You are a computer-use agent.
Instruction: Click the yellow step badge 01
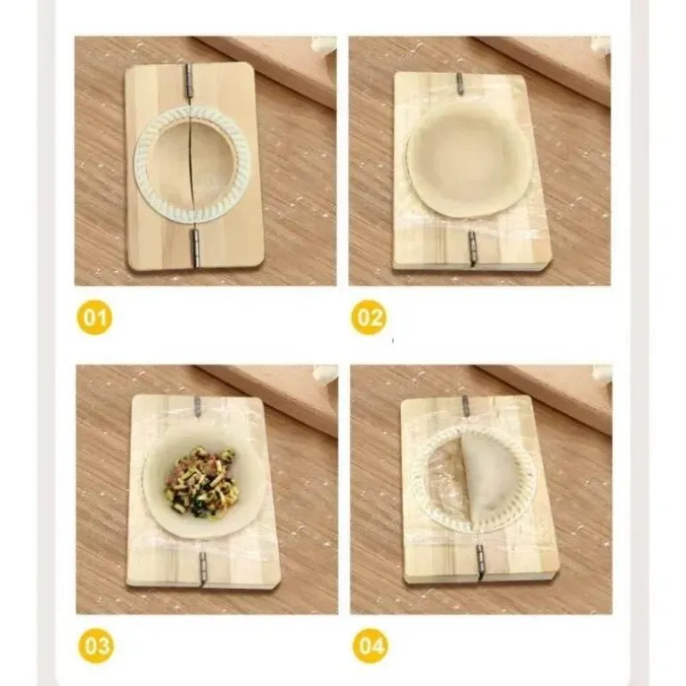pyautogui.click(x=94, y=317)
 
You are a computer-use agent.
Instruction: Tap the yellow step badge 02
pyautogui.click(x=369, y=317)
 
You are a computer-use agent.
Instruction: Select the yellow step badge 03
pyautogui.click(x=96, y=646)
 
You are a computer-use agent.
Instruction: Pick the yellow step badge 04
pyautogui.click(x=371, y=646)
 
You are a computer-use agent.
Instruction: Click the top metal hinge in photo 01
pyautogui.click(x=189, y=81)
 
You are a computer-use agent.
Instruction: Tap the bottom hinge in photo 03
pyautogui.click(x=203, y=567)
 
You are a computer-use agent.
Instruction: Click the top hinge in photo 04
pyautogui.click(x=466, y=406)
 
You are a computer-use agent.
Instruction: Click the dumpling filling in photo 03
pyautogui.click(x=201, y=482)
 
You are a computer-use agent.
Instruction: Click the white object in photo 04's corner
pyautogui.click(x=602, y=373)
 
